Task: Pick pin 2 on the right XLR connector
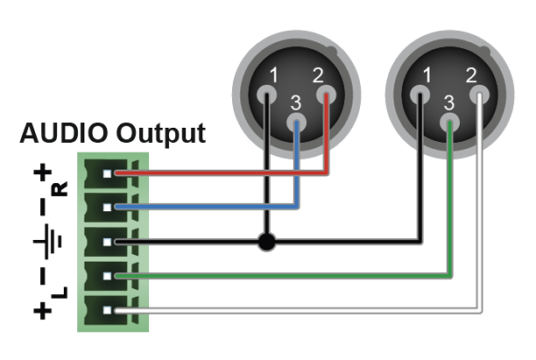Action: (x=478, y=93)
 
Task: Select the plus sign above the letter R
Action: (x=42, y=173)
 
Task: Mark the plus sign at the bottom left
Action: (x=42, y=311)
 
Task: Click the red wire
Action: (x=219, y=173)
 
